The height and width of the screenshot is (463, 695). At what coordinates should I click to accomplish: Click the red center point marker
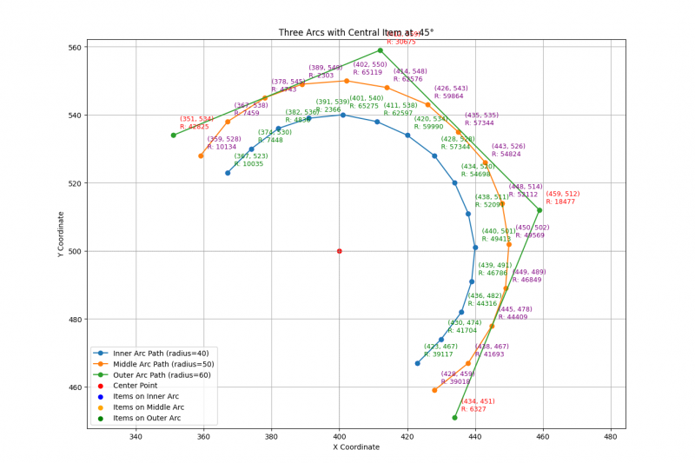[x=339, y=251]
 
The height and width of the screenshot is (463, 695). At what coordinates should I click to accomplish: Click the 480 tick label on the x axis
[x=610, y=437]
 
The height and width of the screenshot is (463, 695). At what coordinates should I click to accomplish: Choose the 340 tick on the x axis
[x=136, y=437]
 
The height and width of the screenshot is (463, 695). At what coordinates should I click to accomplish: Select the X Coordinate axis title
[x=356, y=448]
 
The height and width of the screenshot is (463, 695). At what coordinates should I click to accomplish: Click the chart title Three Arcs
[x=356, y=32]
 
